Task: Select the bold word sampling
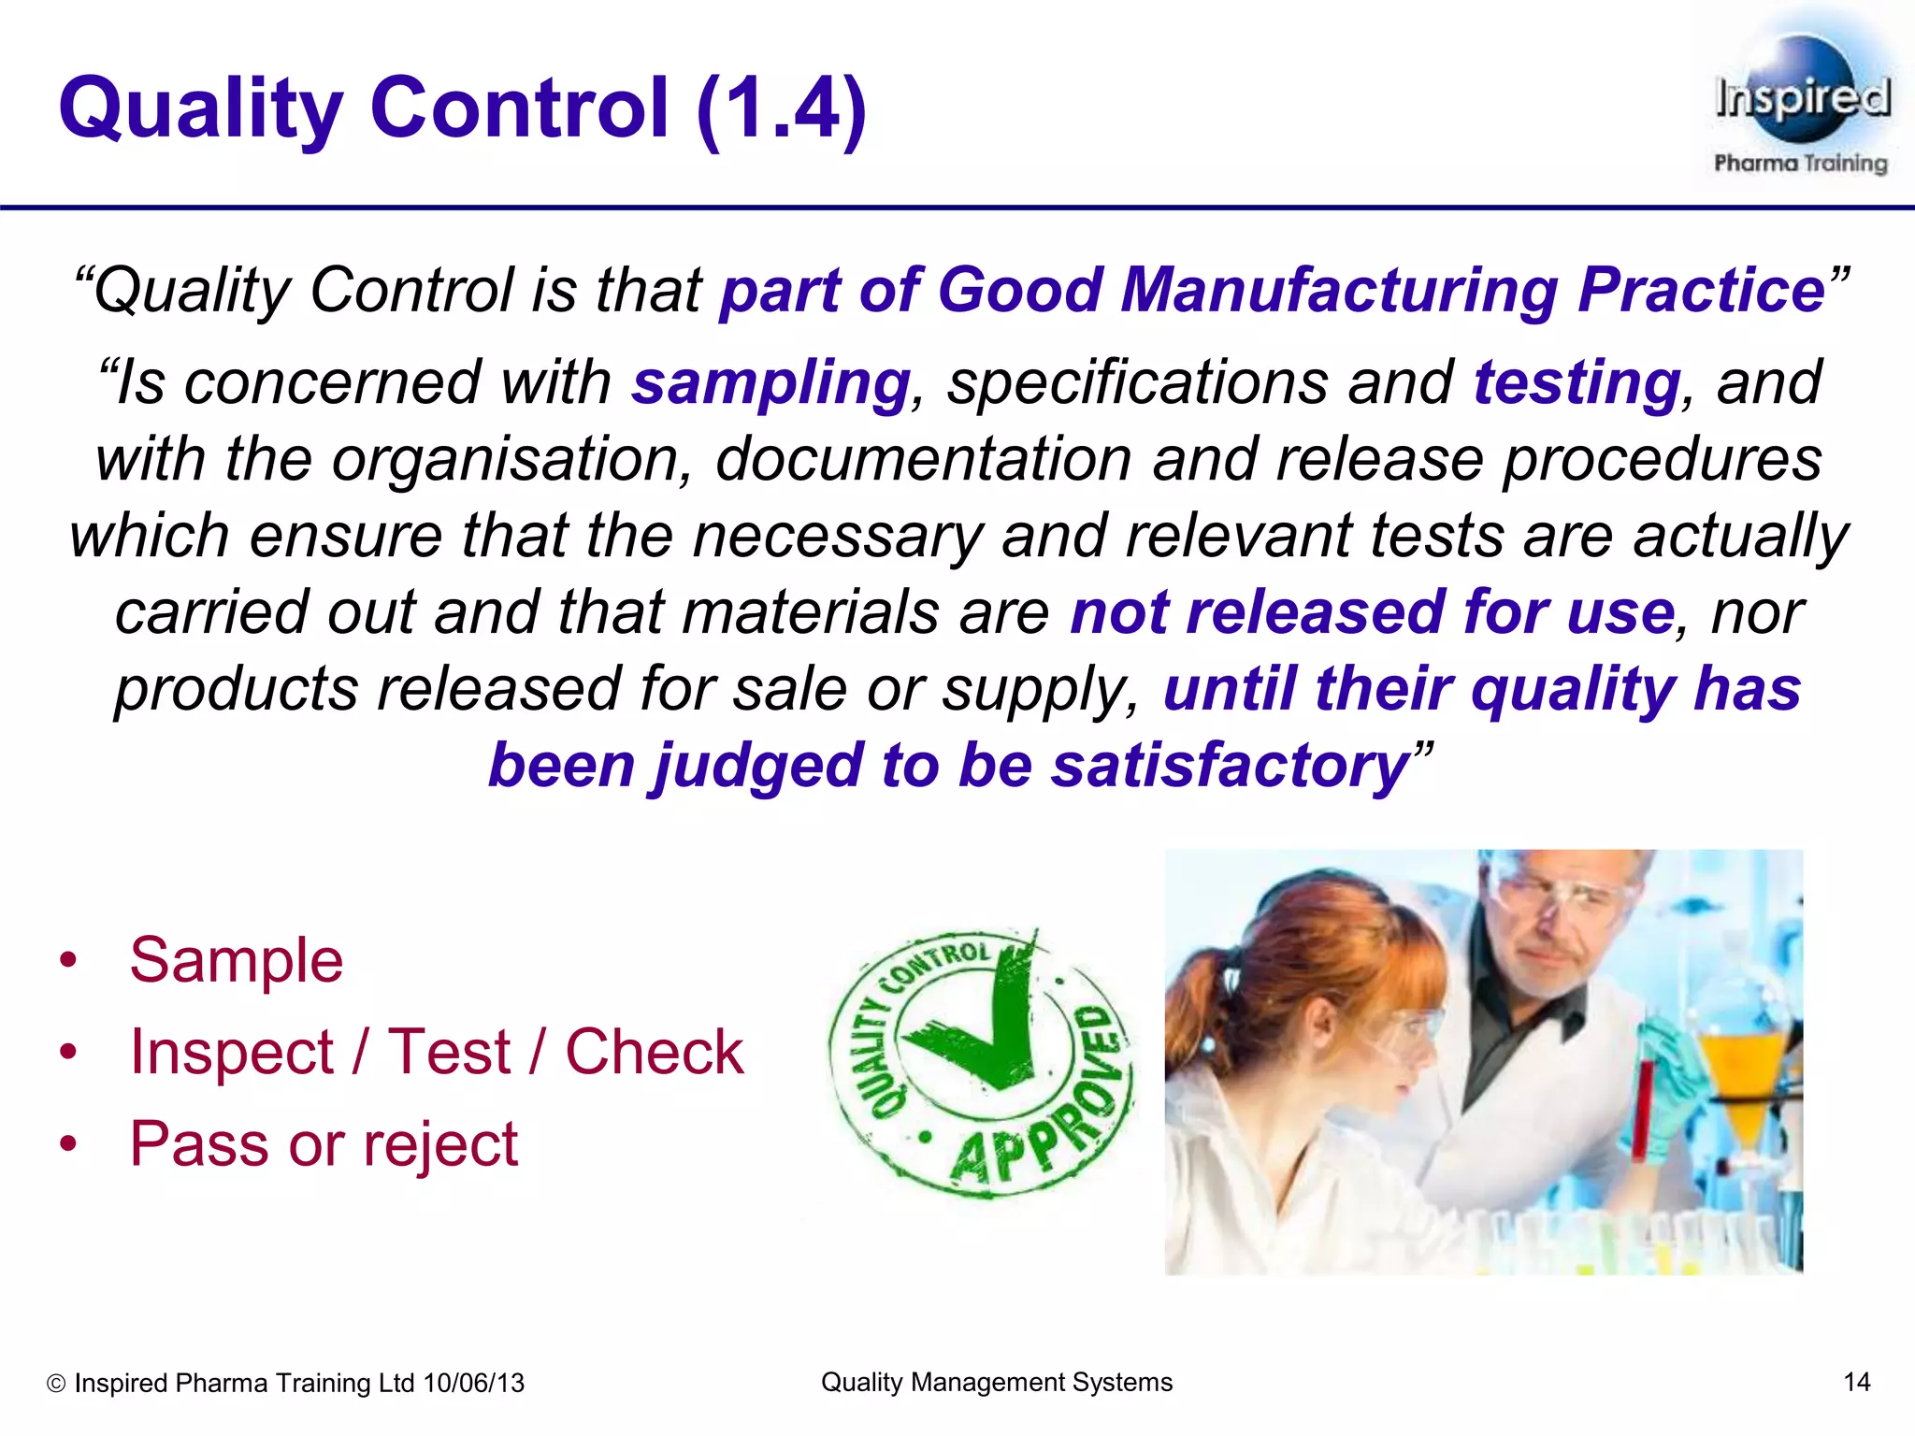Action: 770,383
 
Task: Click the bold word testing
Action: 1577,383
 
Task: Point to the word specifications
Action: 1136,383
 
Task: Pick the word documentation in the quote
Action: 923,460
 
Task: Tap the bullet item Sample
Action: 236,960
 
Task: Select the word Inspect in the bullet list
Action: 232,1052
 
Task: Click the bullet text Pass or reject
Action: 323,1143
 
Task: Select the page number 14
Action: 1855,1382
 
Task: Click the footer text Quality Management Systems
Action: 996,1382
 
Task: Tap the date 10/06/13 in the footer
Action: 473,1383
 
